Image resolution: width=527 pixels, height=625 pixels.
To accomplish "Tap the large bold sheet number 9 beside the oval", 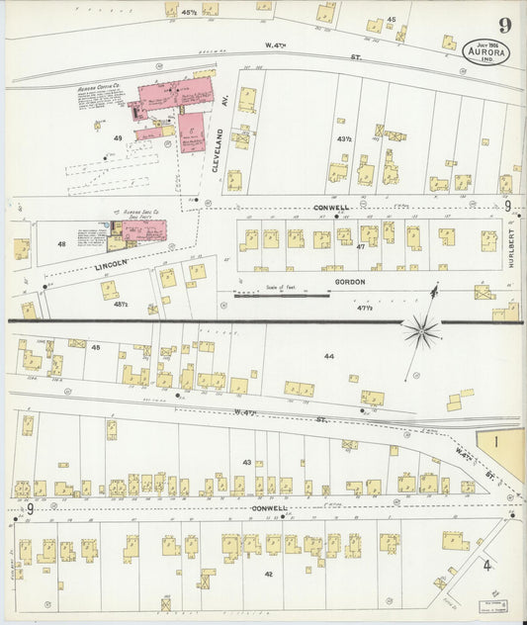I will pyautogui.click(x=504, y=26).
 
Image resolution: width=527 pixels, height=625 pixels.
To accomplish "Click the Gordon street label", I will pyautogui.click(x=350, y=282).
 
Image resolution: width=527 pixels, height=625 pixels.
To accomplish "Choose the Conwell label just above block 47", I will pyautogui.click(x=332, y=208).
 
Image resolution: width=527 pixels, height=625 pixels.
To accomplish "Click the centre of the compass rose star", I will pyautogui.click(x=422, y=330).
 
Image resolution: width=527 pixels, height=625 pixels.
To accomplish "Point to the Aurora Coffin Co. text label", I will pyautogui.click(x=99, y=88).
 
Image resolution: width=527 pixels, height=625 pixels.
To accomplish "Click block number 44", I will pyautogui.click(x=328, y=355).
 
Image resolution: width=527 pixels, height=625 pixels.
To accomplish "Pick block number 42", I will pyautogui.click(x=268, y=573).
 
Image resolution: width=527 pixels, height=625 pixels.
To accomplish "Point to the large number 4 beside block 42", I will pyautogui.click(x=486, y=566).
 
